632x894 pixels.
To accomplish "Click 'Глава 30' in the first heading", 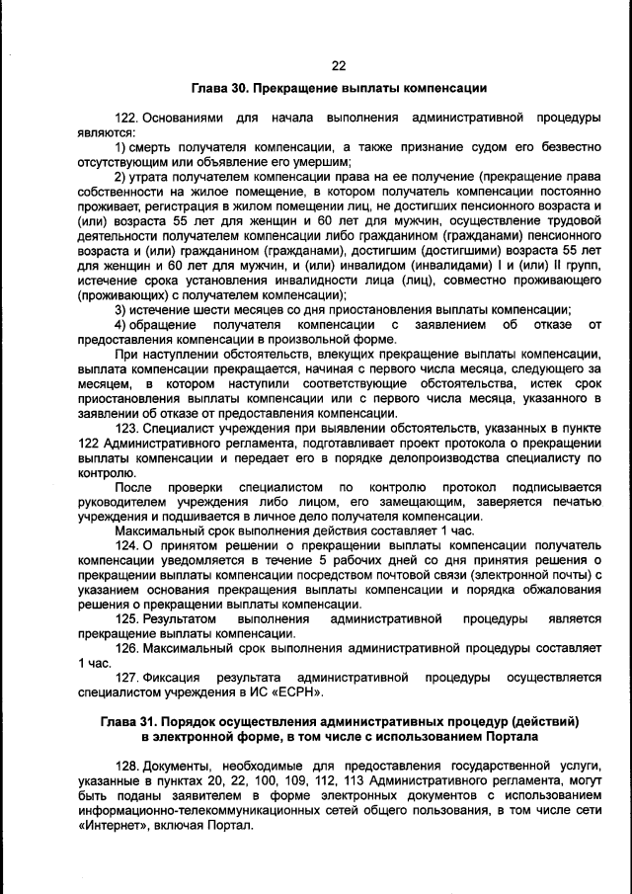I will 218,89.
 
